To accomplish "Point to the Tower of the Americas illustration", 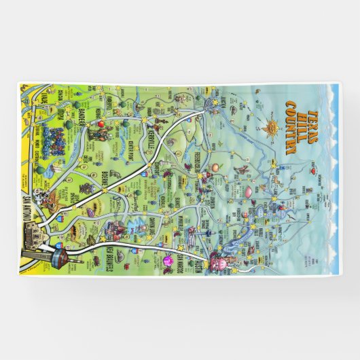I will point(58,259).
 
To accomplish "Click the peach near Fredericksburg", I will point(214,166).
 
